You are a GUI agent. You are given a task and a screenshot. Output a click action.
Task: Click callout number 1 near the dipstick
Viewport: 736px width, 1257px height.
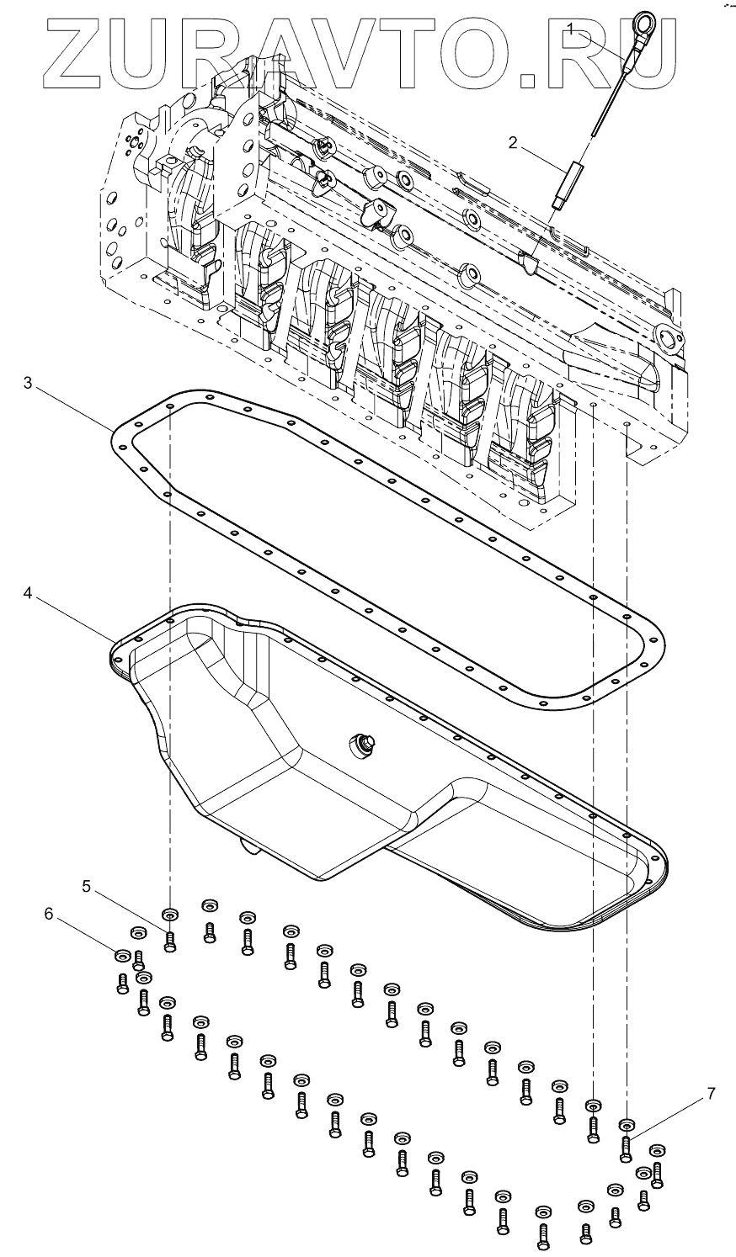pos(571,29)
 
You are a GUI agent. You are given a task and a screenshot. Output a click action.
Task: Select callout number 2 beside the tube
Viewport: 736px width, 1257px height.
pos(512,143)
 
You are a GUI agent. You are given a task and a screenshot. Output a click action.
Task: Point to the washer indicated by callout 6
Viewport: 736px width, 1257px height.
pos(122,954)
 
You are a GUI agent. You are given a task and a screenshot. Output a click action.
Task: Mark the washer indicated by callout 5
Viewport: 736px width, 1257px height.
pos(170,914)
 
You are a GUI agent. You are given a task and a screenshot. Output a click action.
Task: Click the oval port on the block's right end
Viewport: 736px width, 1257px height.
pos(668,338)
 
